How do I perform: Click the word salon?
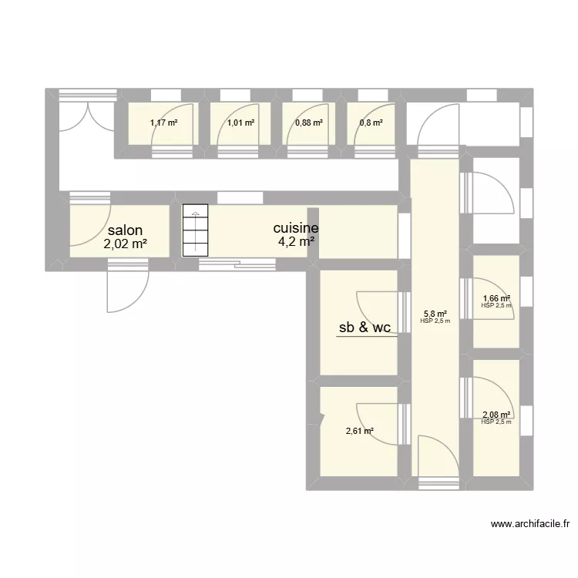click(x=125, y=230)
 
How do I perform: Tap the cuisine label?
click(x=296, y=228)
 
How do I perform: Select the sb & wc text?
click(x=365, y=328)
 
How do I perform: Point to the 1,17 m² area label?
click(x=163, y=122)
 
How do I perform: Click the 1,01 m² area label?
click(x=240, y=122)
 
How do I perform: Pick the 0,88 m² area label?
click(x=308, y=122)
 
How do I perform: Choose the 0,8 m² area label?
click(x=370, y=122)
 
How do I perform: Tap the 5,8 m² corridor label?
click(x=435, y=314)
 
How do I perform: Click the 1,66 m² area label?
click(x=496, y=299)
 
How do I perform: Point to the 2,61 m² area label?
click(x=359, y=431)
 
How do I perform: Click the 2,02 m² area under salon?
click(x=125, y=245)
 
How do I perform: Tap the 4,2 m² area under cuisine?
click(x=296, y=242)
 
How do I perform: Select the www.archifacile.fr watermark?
click(x=531, y=525)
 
